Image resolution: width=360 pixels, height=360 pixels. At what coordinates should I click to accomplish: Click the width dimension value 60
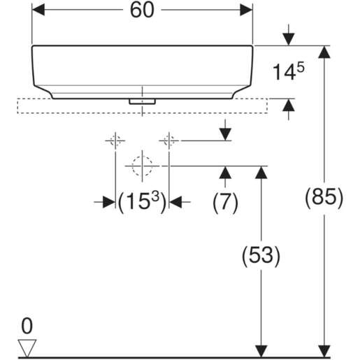pos(143,10)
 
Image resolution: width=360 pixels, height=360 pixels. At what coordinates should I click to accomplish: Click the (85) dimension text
pos(324,198)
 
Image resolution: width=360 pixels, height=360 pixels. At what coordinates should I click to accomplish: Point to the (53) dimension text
pos(261,256)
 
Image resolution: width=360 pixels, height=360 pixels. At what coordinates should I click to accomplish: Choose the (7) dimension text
pos(225,202)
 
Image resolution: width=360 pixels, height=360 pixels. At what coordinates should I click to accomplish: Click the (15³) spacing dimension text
pos(143,202)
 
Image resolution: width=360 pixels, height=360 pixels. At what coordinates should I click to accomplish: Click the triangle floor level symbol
pos(27,346)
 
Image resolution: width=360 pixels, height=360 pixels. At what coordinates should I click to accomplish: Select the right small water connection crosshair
pos(168,141)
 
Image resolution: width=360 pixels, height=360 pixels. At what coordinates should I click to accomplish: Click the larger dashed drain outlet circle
pos(142,166)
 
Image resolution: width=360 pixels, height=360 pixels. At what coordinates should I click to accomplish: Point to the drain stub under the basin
pos(142,101)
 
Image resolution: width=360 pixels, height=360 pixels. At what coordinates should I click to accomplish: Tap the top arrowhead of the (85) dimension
pos(324,52)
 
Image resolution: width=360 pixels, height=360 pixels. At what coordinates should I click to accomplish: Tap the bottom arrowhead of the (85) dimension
pos(324,350)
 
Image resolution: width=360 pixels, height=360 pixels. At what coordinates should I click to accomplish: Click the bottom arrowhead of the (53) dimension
pos(261,350)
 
